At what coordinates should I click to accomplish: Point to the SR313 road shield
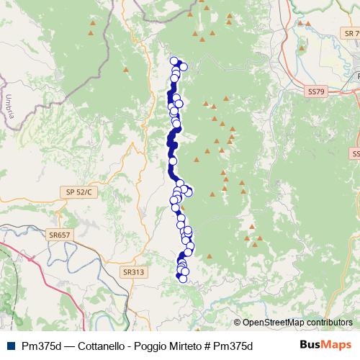click(x=133, y=272)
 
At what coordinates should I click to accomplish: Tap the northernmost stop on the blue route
click(x=174, y=61)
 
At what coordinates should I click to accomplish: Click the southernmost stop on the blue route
click(x=183, y=279)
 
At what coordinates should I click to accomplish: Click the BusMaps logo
click(x=325, y=345)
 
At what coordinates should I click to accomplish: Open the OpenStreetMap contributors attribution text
click(x=297, y=323)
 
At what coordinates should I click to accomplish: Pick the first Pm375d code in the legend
click(x=40, y=346)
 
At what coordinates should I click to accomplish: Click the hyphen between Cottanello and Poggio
click(x=127, y=346)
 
